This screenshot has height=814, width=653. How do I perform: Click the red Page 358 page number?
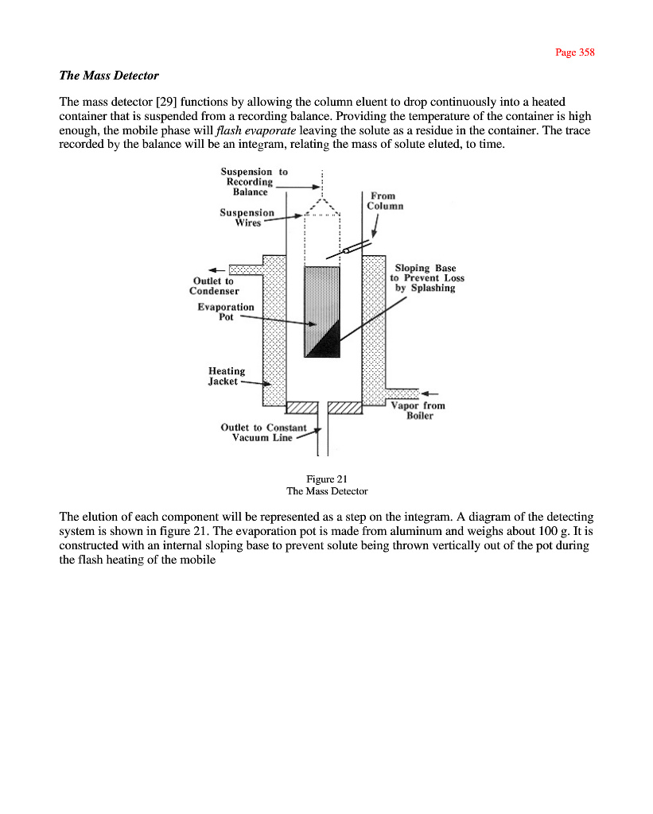point(574,52)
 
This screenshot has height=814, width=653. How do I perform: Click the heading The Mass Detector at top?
point(109,76)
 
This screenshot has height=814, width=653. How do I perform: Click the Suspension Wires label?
point(247,217)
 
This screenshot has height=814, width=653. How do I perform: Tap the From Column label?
point(385,200)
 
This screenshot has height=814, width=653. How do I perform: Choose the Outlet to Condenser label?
point(213,285)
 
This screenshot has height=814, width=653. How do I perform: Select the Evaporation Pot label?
point(226,312)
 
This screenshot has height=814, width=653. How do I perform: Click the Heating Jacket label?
point(226,376)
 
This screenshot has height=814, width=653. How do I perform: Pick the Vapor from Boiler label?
point(418,410)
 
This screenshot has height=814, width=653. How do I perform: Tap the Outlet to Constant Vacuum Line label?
point(263,432)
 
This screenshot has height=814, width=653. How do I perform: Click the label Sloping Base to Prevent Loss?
point(427,278)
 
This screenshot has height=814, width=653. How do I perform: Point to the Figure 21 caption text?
point(327,479)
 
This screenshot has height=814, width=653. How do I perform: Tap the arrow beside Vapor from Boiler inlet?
point(430,393)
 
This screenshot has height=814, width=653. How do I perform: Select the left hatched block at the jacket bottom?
point(301,408)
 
